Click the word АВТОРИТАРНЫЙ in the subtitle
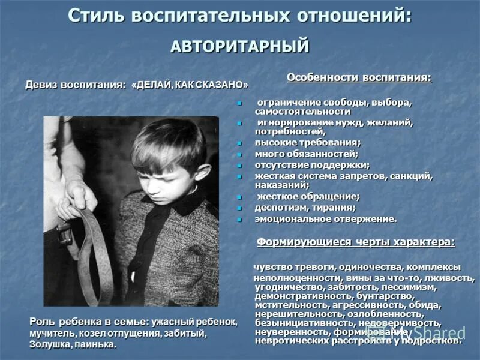240,46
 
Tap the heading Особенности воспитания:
359,78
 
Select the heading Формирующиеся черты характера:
356,242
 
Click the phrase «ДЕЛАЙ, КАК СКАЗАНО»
193,85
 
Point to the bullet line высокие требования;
308,142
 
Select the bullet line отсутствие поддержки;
312,164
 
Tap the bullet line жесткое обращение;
308,197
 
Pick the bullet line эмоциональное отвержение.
326,219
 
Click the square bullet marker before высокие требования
239,143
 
